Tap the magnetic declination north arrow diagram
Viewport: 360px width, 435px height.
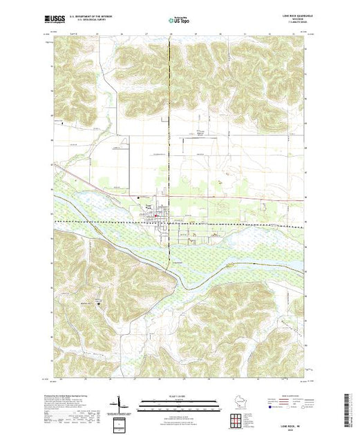click(x=120, y=403)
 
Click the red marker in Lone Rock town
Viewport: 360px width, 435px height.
click(x=156, y=215)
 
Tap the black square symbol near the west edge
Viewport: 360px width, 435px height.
click(x=63, y=124)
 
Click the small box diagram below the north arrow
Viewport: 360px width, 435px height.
click(x=121, y=422)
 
